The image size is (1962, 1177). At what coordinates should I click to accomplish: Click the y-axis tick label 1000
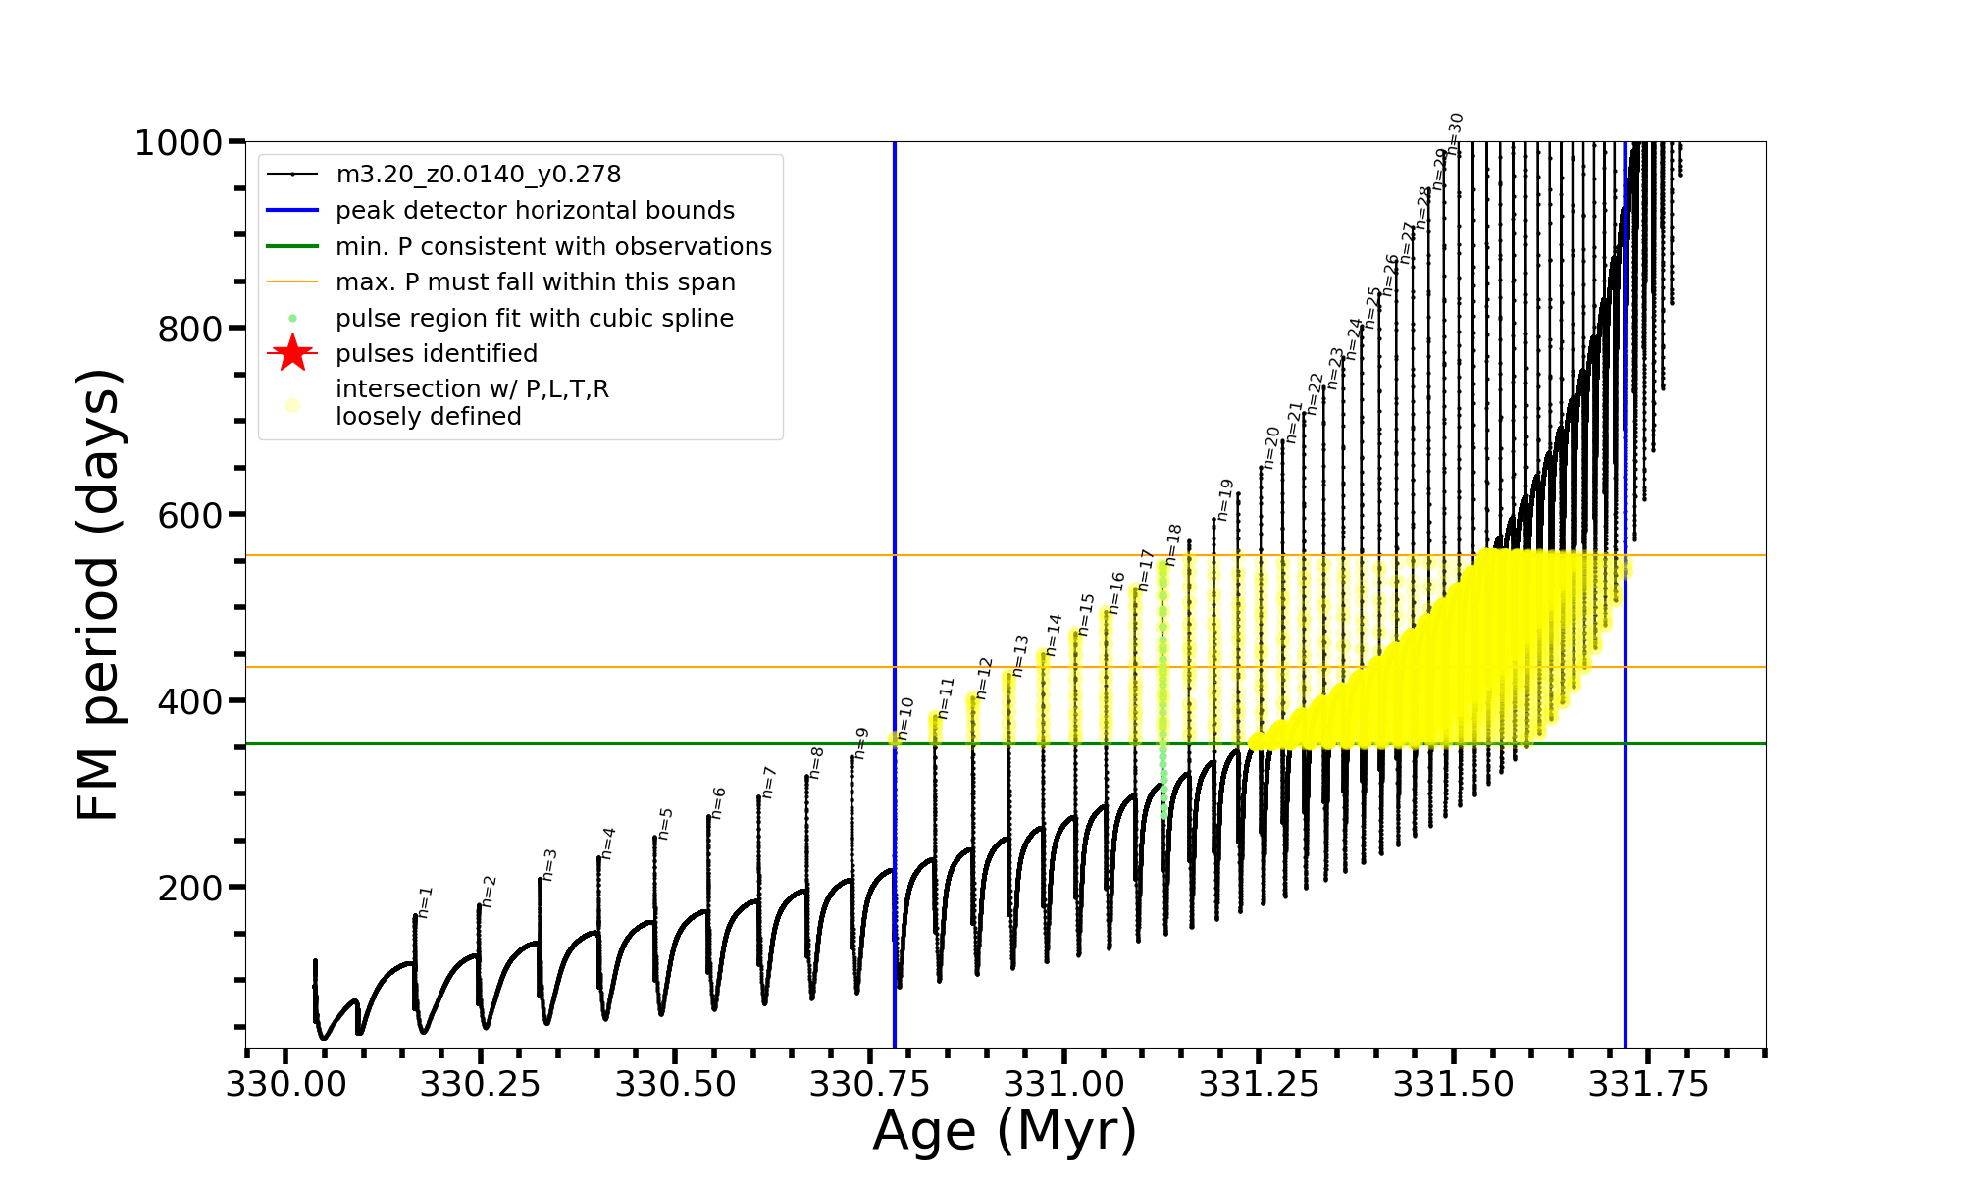point(179,143)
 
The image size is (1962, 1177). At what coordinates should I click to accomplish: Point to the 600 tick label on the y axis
point(190,515)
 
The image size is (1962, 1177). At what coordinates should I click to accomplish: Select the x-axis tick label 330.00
point(285,1084)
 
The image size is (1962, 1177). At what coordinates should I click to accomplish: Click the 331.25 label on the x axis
point(1260,1084)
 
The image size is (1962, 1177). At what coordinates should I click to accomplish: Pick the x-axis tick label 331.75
point(1648,1084)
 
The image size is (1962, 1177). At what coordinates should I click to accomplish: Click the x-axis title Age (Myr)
point(1005,1131)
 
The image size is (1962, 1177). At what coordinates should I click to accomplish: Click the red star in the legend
point(292,353)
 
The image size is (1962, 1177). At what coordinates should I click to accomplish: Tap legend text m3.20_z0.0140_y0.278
point(478,175)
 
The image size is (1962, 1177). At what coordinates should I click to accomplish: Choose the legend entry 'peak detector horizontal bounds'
point(535,211)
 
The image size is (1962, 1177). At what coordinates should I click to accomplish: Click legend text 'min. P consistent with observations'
point(553,246)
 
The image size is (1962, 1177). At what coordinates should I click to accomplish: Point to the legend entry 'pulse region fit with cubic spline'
point(534,319)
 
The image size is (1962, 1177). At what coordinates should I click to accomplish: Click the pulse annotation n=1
point(425,902)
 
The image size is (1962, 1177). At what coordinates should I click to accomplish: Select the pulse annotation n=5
point(665,824)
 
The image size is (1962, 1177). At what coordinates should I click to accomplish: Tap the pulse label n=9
point(861,742)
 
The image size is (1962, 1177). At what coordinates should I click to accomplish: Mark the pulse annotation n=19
point(1224,500)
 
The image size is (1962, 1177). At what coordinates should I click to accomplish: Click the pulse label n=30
point(1456,134)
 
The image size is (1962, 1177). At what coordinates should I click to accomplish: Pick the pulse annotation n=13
point(1020,655)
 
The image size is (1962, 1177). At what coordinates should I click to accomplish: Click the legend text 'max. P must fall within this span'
point(535,282)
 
